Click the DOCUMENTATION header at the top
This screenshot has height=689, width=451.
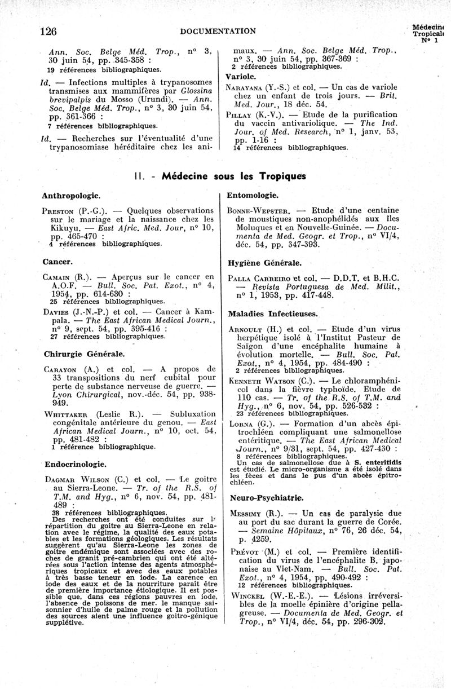click(218, 30)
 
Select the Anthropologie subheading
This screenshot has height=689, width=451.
click(71, 195)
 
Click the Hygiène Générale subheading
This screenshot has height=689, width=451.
click(264, 263)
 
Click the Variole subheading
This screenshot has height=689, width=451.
click(241, 76)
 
